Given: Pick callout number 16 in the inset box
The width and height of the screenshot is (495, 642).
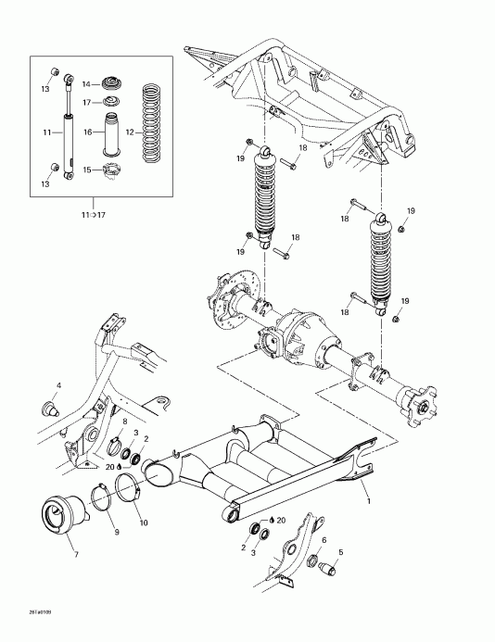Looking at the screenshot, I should click(89, 133).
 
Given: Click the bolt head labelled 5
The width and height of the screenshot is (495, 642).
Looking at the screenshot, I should click(327, 569).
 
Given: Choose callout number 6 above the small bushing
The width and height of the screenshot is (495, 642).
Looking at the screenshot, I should click(324, 538).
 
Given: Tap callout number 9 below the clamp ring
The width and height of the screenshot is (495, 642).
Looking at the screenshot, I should click(117, 532).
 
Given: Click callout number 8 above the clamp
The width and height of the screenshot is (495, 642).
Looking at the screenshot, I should click(125, 422).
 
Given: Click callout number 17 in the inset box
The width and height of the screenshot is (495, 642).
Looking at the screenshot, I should click(88, 102).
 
